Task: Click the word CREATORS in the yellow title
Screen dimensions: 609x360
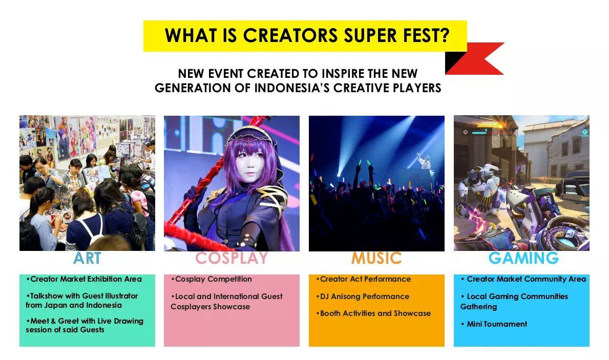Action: click(x=290, y=35)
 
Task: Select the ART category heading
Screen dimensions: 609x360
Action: click(x=87, y=258)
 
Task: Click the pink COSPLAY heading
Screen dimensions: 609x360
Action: click(x=232, y=258)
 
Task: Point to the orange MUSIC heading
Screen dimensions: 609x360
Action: click(x=376, y=258)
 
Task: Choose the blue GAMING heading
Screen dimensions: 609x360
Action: click(x=523, y=258)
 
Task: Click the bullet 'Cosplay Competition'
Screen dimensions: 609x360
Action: click(x=212, y=279)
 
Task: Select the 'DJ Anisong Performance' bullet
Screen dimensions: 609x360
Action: click(x=363, y=297)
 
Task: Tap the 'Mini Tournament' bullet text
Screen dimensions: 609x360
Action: click(x=494, y=324)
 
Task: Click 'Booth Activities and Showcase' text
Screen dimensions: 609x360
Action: click(x=373, y=313)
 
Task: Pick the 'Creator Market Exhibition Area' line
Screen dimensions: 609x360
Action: click(x=84, y=279)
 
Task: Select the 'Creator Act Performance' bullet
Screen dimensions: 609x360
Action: click(x=364, y=279)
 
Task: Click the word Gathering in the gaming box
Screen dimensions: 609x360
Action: click(x=478, y=307)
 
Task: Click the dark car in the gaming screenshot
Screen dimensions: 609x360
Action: click(x=572, y=182)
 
